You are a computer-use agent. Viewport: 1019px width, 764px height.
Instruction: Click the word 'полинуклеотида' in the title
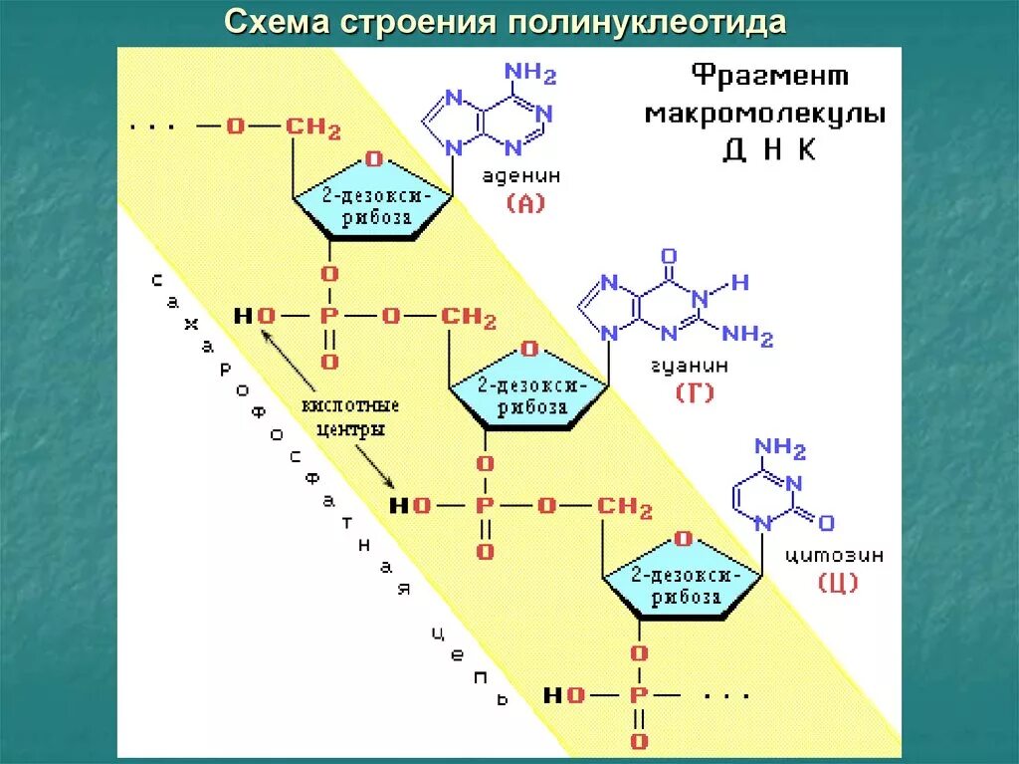pyautogui.click(x=648, y=22)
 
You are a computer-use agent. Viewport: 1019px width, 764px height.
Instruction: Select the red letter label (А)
pyautogui.click(x=525, y=205)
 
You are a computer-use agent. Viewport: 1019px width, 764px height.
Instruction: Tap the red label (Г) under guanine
pyautogui.click(x=695, y=392)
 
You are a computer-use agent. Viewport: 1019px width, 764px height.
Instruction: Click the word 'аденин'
pyautogui.click(x=521, y=176)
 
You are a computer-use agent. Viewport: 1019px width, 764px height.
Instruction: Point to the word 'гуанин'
pyautogui.click(x=690, y=366)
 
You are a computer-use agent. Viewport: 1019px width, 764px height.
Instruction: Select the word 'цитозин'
pyautogui.click(x=833, y=555)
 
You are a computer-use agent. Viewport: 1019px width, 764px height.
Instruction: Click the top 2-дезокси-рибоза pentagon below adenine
pyautogui.click(x=371, y=199)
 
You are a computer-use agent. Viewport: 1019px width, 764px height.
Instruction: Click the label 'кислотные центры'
pyautogui.click(x=350, y=417)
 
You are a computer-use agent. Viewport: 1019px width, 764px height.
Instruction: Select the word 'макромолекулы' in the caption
pyautogui.click(x=765, y=114)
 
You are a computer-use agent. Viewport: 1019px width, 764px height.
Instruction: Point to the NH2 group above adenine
pyautogui.click(x=530, y=75)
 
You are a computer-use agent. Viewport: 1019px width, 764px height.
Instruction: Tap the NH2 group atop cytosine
pyautogui.click(x=780, y=446)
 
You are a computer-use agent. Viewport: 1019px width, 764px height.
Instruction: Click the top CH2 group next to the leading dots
pyautogui.click(x=313, y=127)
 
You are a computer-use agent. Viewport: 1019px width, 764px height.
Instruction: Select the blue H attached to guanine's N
pyautogui.click(x=739, y=283)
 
